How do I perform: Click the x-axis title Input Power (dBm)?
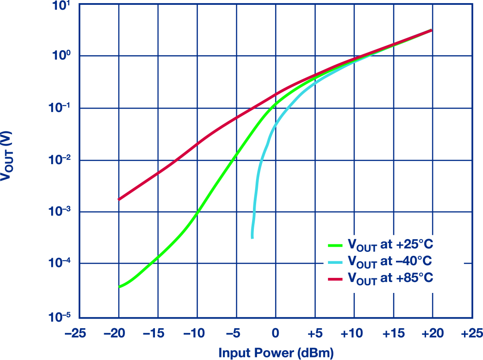click(x=275, y=353)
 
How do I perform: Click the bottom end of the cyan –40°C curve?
click(x=252, y=237)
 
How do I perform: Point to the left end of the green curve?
click(x=119, y=287)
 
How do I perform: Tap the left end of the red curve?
click(x=119, y=199)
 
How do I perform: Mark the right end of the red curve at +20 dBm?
click(x=431, y=30)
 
